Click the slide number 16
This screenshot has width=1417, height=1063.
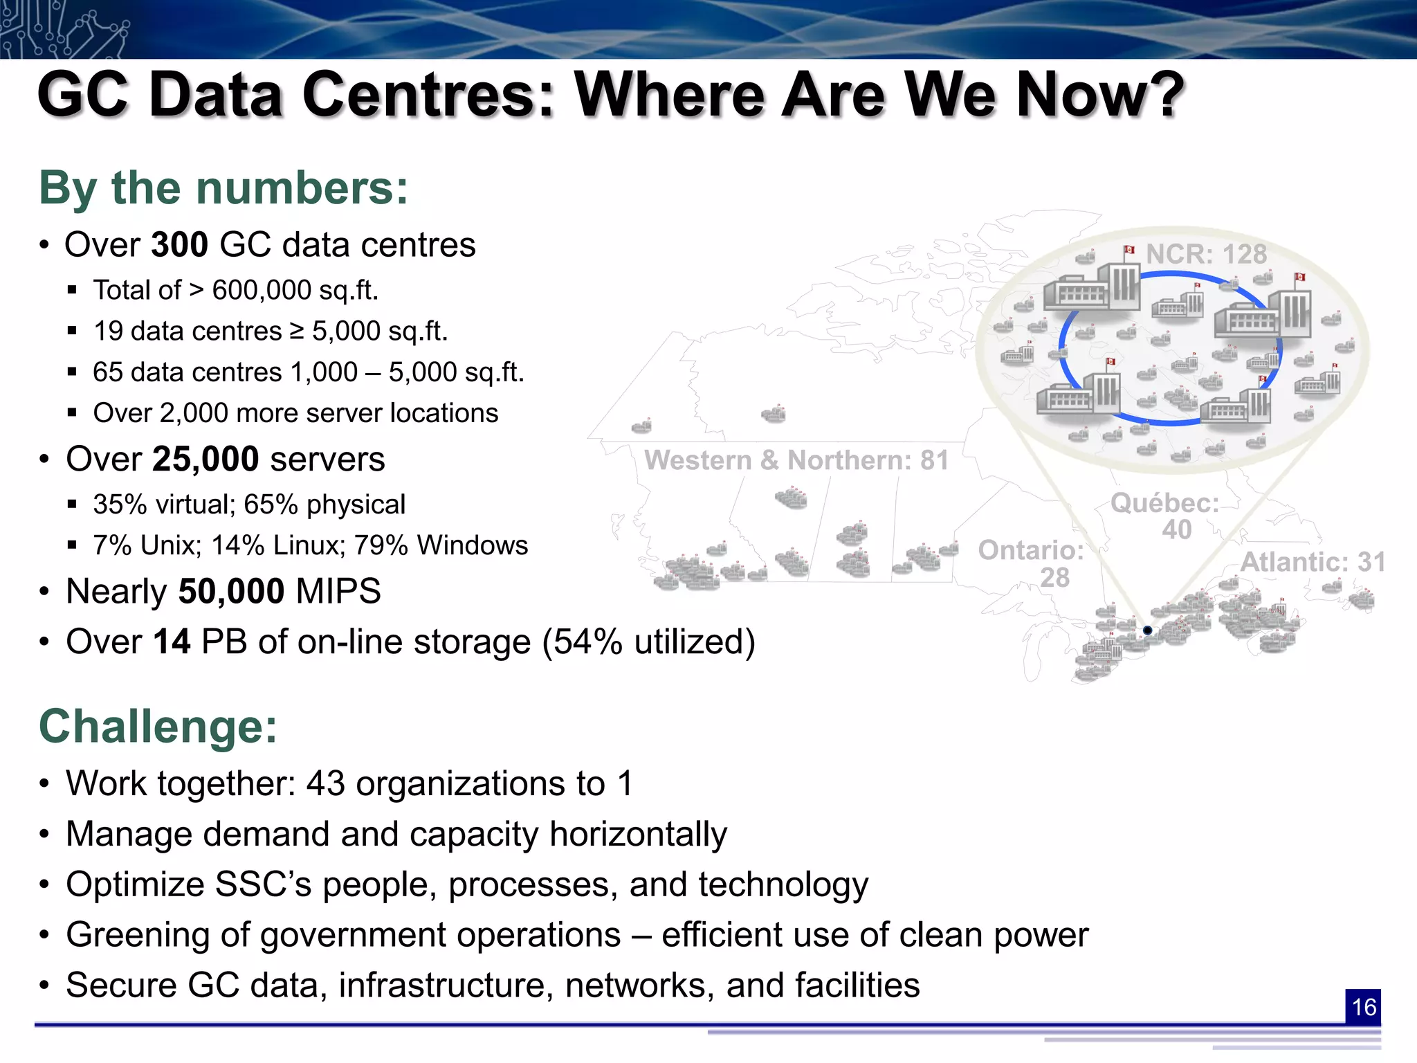click(x=1363, y=1007)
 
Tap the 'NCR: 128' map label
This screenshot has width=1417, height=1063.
click(x=1206, y=255)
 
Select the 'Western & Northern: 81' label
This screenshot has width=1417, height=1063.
click(x=796, y=460)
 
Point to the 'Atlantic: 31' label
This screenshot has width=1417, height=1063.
click(x=1313, y=562)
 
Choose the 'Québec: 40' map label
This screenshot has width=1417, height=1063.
click(x=1165, y=516)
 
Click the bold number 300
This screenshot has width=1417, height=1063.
click(x=179, y=245)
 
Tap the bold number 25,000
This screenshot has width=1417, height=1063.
click(x=205, y=459)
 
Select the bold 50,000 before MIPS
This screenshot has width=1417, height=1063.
click(x=231, y=591)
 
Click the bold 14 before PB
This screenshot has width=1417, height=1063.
click(x=171, y=642)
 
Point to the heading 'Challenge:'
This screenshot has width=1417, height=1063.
click(x=158, y=727)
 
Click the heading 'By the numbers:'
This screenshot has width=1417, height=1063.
click(x=223, y=188)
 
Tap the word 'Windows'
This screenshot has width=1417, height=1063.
click(x=472, y=545)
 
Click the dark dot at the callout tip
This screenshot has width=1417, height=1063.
click(x=1147, y=630)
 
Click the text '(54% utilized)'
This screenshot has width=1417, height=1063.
click(x=648, y=642)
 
